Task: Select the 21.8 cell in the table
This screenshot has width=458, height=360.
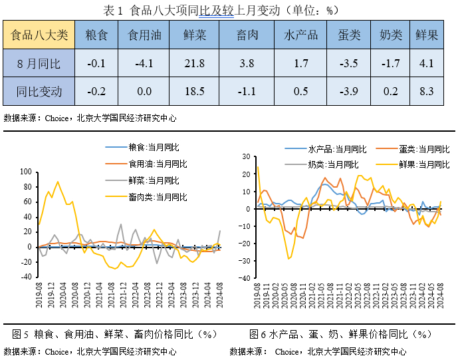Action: [194, 64]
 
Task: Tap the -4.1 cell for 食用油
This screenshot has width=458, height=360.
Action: [144, 64]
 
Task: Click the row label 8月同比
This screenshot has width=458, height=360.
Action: [39, 64]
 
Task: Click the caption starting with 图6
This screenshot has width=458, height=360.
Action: [340, 333]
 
